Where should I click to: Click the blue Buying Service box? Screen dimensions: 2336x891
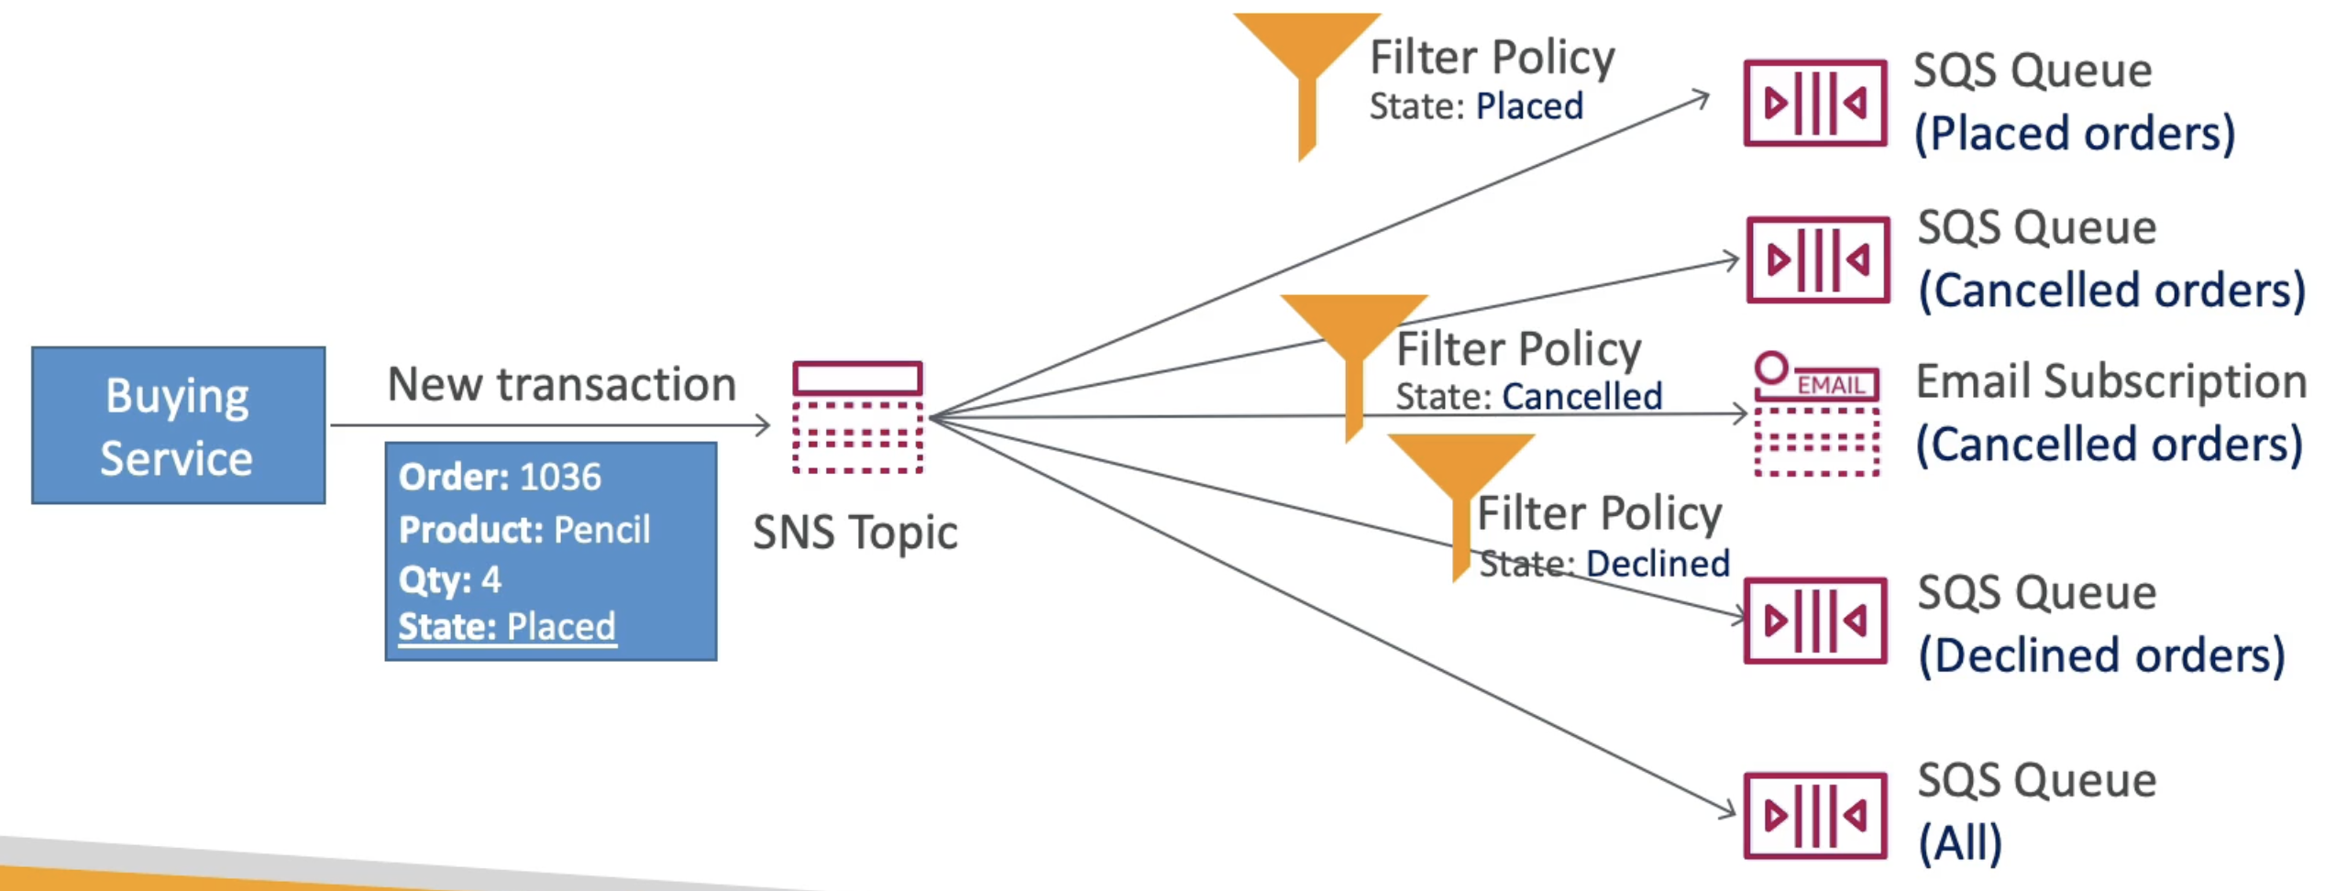click(x=179, y=425)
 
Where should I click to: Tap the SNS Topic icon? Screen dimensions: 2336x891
click(x=857, y=418)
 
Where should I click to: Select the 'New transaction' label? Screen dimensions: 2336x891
click(x=562, y=384)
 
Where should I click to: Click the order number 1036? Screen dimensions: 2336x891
click(x=560, y=477)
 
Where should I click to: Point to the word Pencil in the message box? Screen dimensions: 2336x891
click(x=602, y=529)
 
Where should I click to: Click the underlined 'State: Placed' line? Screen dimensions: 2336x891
click(x=507, y=627)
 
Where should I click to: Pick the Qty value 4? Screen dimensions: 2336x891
click(x=491, y=579)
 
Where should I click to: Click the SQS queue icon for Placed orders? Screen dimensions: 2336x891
click(x=1815, y=103)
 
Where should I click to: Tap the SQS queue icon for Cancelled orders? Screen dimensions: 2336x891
click(x=1818, y=259)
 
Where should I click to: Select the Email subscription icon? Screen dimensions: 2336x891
click(x=1816, y=414)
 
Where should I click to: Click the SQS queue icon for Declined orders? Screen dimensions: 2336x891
click(x=1815, y=621)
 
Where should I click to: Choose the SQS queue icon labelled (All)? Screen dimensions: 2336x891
click(x=1815, y=816)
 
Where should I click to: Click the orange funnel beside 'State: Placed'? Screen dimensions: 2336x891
click(x=1307, y=73)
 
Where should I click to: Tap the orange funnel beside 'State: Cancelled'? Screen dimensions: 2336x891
click(x=1354, y=357)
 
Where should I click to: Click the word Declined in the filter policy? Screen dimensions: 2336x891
click(x=1658, y=564)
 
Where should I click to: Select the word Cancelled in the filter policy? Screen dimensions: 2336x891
click(x=1581, y=397)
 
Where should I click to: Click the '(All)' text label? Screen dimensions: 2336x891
click(x=1960, y=842)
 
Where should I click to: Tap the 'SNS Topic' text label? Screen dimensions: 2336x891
click(x=855, y=533)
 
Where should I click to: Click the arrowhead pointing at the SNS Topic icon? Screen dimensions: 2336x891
click(x=763, y=424)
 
